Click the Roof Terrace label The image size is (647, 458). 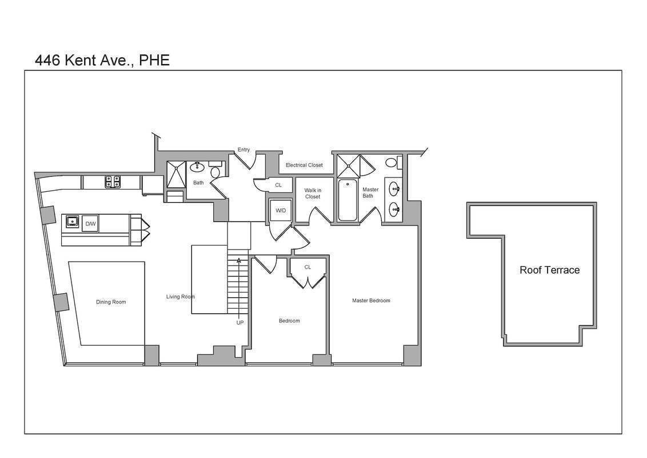pos(550,270)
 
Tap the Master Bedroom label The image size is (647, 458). pos(371,301)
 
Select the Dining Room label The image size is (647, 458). pos(111,302)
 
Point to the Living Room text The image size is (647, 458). pos(180,297)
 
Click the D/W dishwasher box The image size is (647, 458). pos(90,224)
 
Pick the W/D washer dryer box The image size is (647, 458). pos(281,211)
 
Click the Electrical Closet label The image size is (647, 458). pos(304,165)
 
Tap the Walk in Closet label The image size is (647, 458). pos(313,194)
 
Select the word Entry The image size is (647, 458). pos(243,149)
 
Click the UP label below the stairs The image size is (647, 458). pos(239,322)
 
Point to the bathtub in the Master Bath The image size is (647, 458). pos(348,200)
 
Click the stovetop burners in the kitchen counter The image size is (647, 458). pos(113,182)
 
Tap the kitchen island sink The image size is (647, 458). pos(73,222)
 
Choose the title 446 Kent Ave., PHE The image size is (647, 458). pos(102,60)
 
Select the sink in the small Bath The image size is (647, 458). pos(197,167)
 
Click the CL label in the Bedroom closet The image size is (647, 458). pos(307,267)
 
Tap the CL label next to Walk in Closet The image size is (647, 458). pos(278,185)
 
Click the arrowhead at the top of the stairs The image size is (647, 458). pos(239,261)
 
